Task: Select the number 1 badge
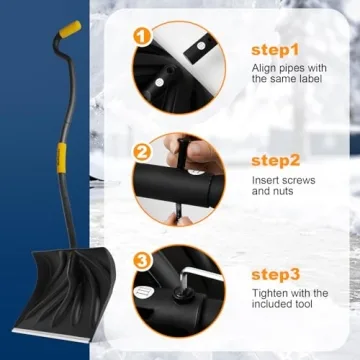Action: [x=142, y=37]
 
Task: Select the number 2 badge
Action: [x=142, y=153]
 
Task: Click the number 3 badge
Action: [x=142, y=263]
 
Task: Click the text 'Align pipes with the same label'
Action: [x=287, y=74]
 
